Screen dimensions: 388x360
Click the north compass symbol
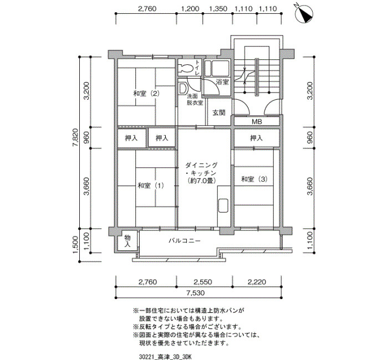[x=304, y=13]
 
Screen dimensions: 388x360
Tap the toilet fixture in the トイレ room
[x=187, y=68]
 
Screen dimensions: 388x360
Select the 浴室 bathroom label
[x=222, y=81]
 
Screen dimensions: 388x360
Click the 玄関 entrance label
[x=219, y=112]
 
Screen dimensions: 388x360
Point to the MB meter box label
[x=257, y=122]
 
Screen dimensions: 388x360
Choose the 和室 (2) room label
[x=146, y=94]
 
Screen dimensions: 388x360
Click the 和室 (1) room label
[x=151, y=185]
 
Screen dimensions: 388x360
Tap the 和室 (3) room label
[x=254, y=179]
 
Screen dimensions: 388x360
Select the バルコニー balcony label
[x=185, y=240]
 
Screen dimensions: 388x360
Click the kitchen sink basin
[x=223, y=205]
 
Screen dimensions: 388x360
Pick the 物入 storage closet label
[x=127, y=241]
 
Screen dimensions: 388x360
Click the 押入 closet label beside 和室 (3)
[x=256, y=138]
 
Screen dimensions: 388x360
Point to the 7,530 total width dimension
[x=196, y=293]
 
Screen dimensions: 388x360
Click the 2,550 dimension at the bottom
[x=203, y=282]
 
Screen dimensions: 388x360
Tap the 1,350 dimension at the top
[x=218, y=9]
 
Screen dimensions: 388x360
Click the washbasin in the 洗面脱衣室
[x=183, y=88]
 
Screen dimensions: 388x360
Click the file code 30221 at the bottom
[x=147, y=357]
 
